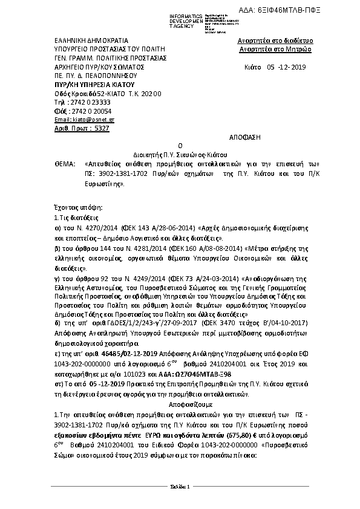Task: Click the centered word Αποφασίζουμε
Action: (180, 402)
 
